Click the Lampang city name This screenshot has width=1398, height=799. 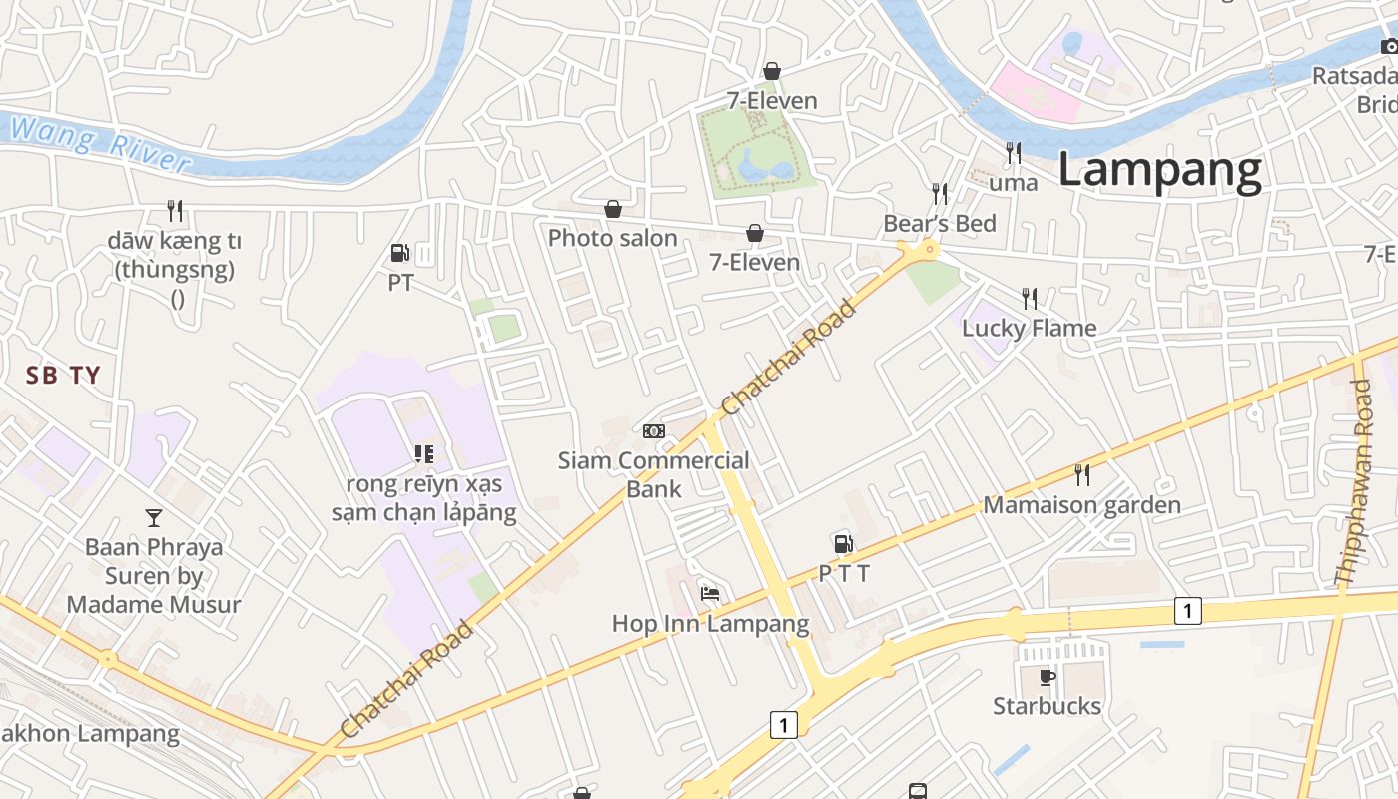[1159, 170]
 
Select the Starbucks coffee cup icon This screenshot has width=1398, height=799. [1047, 677]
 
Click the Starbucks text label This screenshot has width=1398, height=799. [1047, 706]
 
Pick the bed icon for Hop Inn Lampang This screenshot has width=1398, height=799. [710, 594]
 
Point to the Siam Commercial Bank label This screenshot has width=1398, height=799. [653, 474]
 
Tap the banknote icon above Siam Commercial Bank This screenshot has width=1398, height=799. [654, 431]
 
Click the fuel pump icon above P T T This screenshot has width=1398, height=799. [844, 544]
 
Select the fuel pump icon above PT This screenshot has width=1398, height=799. [400, 254]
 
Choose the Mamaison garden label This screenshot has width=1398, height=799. [1081, 505]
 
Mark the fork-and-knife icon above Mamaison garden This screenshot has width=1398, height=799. [1081, 474]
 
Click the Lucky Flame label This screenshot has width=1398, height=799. [1029, 328]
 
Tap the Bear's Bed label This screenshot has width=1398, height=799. [939, 223]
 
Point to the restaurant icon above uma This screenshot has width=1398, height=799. [1014, 153]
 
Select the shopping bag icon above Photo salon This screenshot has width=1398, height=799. [613, 209]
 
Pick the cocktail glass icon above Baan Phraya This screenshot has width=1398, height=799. [154, 517]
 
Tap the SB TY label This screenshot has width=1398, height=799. [63, 376]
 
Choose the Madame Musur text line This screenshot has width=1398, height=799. [154, 604]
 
